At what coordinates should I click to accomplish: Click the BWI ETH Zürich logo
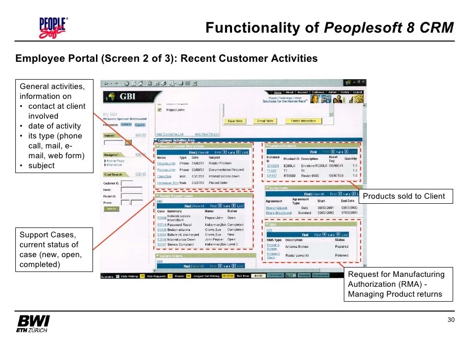(x=33, y=323)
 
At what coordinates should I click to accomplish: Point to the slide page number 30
(x=451, y=320)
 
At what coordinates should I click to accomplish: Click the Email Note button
(x=265, y=121)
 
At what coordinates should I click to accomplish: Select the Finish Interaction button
(x=303, y=121)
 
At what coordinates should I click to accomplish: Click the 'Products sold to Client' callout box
(x=404, y=196)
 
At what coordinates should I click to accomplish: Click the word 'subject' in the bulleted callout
(x=42, y=166)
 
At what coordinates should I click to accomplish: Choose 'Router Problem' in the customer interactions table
(x=220, y=163)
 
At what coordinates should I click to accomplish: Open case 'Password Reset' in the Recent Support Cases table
(x=180, y=225)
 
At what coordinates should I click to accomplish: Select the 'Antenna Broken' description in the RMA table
(x=297, y=246)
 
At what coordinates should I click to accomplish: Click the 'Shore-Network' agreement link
(x=277, y=208)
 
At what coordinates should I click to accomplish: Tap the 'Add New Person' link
(x=207, y=134)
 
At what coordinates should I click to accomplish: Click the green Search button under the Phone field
(x=111, y=209)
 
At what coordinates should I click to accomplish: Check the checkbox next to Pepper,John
(x=159, y=110)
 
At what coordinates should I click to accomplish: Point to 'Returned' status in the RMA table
(x=341, y=256)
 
